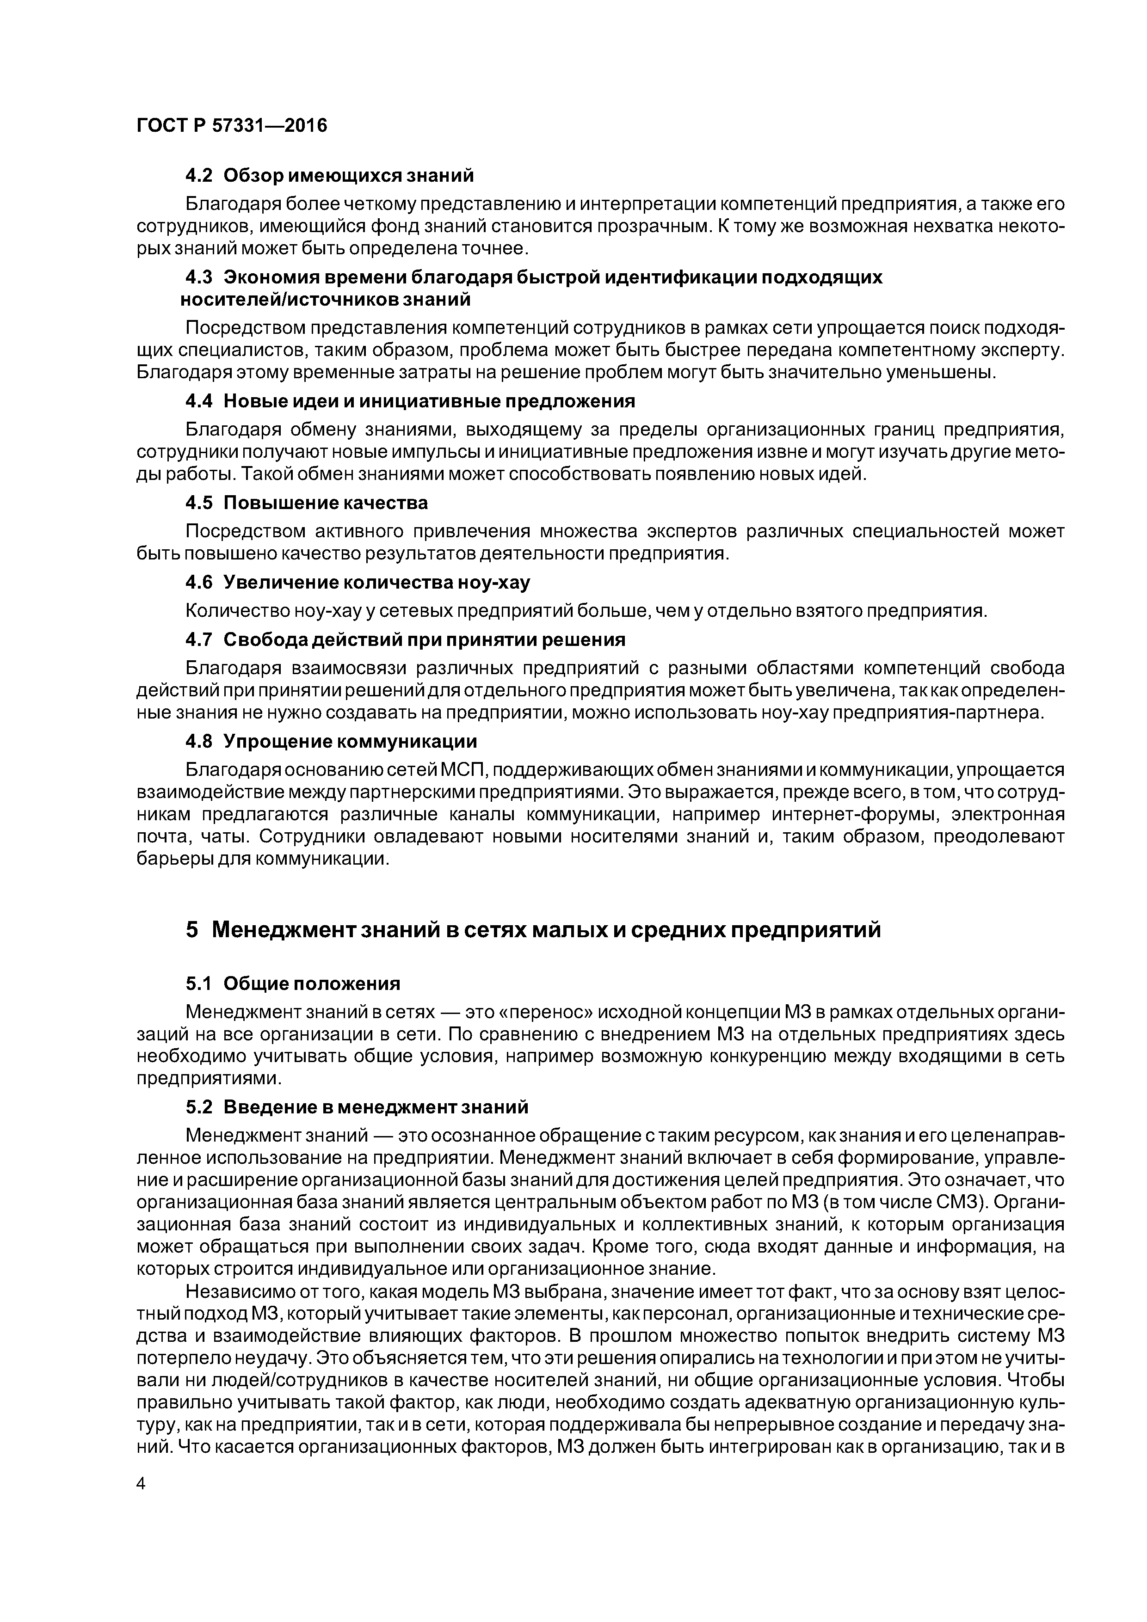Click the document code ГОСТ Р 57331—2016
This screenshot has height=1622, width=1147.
(232, 126)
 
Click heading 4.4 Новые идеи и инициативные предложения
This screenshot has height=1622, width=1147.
(410, 401)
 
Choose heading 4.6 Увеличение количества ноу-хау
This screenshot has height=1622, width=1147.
(357, 582)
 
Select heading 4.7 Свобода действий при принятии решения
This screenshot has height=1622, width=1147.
(405, 639)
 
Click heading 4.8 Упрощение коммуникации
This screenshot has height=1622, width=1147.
(331, 741)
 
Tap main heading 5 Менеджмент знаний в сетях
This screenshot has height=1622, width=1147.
(534, 930)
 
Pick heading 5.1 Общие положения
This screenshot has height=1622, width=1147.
(293, 983)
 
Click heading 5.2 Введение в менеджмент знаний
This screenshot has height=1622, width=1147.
(357, 1106)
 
